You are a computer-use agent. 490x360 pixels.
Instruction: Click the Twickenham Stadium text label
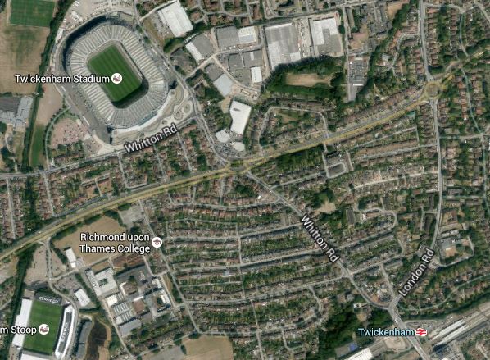point(61,78)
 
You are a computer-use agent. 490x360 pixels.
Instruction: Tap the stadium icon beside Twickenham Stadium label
point(116,78)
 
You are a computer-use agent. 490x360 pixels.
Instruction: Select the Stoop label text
point(18,329)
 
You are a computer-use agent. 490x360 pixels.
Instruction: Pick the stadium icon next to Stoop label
point(43,329)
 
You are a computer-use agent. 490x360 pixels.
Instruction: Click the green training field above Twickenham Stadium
point(31,11)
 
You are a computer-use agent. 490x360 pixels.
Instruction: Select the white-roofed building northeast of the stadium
point(175,18)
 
